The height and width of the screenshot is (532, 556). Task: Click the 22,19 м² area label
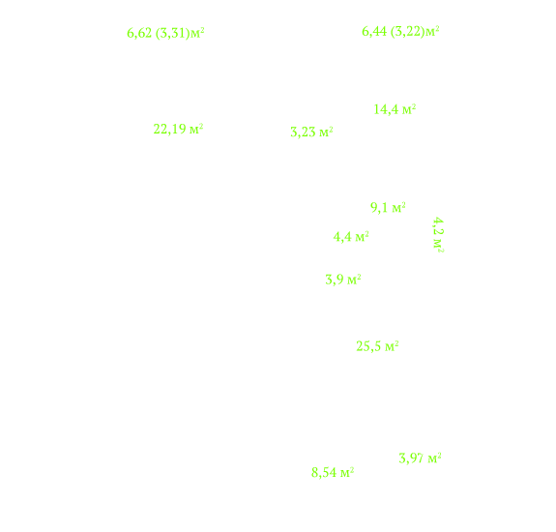(178, 129)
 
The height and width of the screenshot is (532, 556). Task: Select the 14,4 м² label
(395, 109)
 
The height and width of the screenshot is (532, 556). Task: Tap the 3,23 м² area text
(311, 132)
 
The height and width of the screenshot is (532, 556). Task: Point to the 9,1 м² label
(388, 207)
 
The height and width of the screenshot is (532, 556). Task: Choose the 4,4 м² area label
(351, 237)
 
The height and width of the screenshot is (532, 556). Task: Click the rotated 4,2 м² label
(438, 235)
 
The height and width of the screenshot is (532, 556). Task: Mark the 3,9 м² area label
(343, 280)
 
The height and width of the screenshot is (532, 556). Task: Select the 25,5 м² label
(377, 346)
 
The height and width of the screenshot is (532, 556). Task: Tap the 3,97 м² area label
(420, 458)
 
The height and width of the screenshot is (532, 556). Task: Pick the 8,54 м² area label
(333, 472)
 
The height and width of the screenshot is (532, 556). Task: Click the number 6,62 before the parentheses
(139, 33)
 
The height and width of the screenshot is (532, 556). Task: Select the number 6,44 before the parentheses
(374, 32)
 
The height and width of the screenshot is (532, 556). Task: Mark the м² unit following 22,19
(196, 129)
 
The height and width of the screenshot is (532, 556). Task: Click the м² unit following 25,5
(392, 346)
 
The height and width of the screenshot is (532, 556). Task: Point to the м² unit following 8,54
(347, 472)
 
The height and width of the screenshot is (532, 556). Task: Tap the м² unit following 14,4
(409, 109)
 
